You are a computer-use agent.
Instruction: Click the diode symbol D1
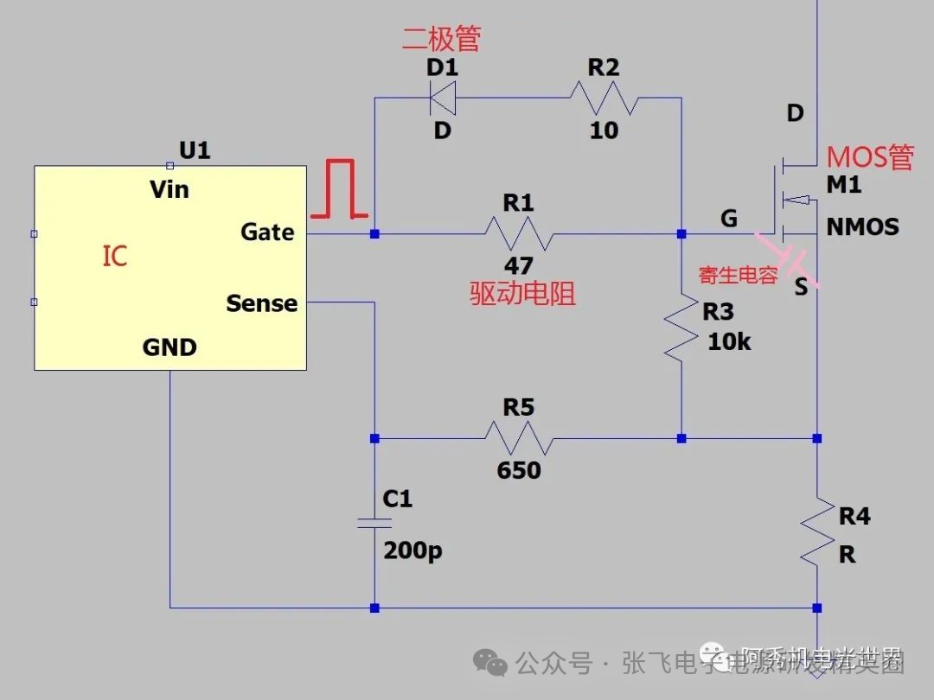[x=443, y=98]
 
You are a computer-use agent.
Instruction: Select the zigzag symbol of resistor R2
[x=604, y=98]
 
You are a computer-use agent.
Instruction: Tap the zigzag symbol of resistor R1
[x=518, y=233]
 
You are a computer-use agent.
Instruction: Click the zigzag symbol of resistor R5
[x=518, y=438]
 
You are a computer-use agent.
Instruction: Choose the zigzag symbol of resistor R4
[x=817, y=532]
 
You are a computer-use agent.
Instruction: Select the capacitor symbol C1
[x=374, y=523]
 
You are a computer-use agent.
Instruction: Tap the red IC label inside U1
[x=115, y=257]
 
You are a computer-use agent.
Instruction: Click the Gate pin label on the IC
[x=267, y=232]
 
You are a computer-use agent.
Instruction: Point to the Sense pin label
[x=261, y=303]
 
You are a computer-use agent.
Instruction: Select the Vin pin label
[x=169, y=189]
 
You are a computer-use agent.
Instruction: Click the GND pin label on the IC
[x=170, y=347]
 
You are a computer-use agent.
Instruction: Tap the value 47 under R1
[x=518, y=265]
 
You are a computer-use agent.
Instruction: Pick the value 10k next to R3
[x=729, y=341]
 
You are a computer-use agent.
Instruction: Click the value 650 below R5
[x=518, y=470]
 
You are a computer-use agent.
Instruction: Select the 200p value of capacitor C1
[x=413, y=550]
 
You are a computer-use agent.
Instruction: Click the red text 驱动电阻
[x=522, y=294]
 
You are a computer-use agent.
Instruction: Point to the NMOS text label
[x=862, y=227]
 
